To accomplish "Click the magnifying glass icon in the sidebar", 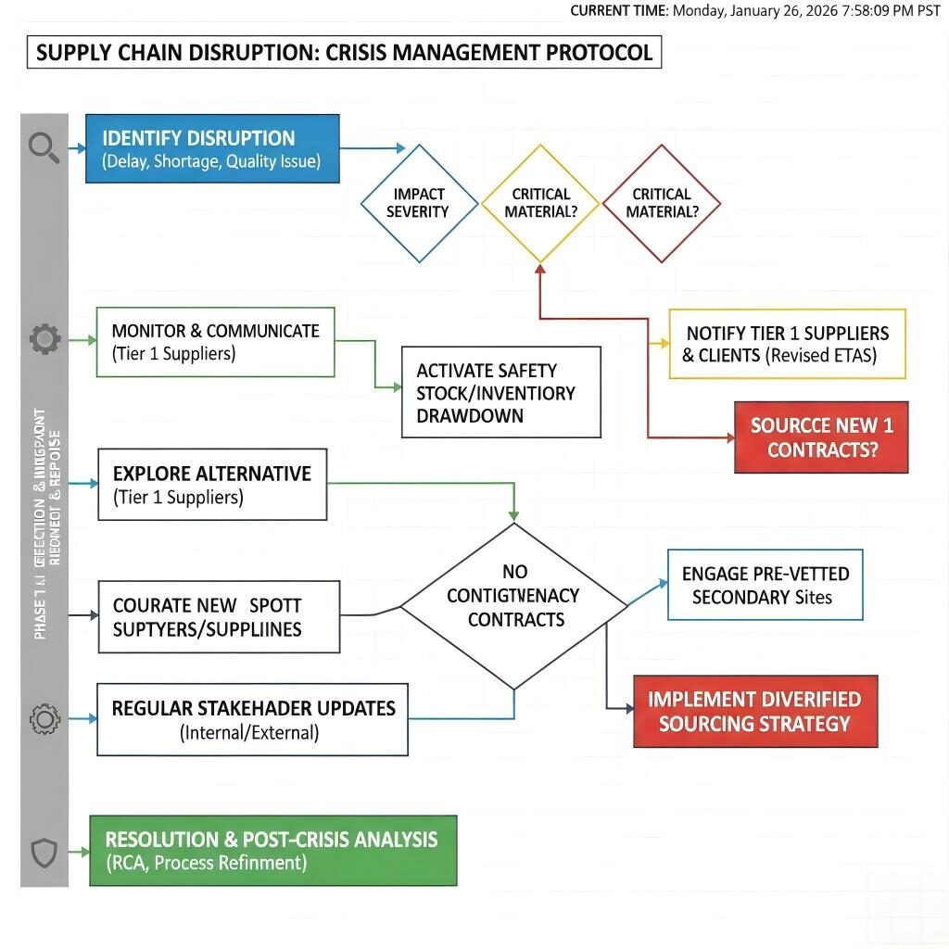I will (44, 146).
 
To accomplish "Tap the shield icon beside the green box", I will (44, 852).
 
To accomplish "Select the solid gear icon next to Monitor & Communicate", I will (44, 340).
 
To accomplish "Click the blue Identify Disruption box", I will (212, 148).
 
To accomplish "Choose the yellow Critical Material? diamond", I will (540, 203).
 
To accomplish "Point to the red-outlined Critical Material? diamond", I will (661, 203).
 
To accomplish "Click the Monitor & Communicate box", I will (215, 342).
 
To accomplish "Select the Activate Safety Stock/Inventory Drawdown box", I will (500, 392).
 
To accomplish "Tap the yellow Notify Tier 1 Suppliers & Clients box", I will (787, 344).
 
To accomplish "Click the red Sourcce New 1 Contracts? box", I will (821, 437).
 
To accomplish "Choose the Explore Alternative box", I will (212, 485).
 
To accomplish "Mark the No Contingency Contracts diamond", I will (513, 607).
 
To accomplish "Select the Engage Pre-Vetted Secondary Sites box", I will (765, 585).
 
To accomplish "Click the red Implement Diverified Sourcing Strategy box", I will (754, 711).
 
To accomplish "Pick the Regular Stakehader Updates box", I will (252, 719).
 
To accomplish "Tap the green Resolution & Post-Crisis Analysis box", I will (272, 850).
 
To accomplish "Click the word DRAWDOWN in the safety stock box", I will (470, 416).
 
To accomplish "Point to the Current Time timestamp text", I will (754, 11).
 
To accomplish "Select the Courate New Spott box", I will (219, 617).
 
